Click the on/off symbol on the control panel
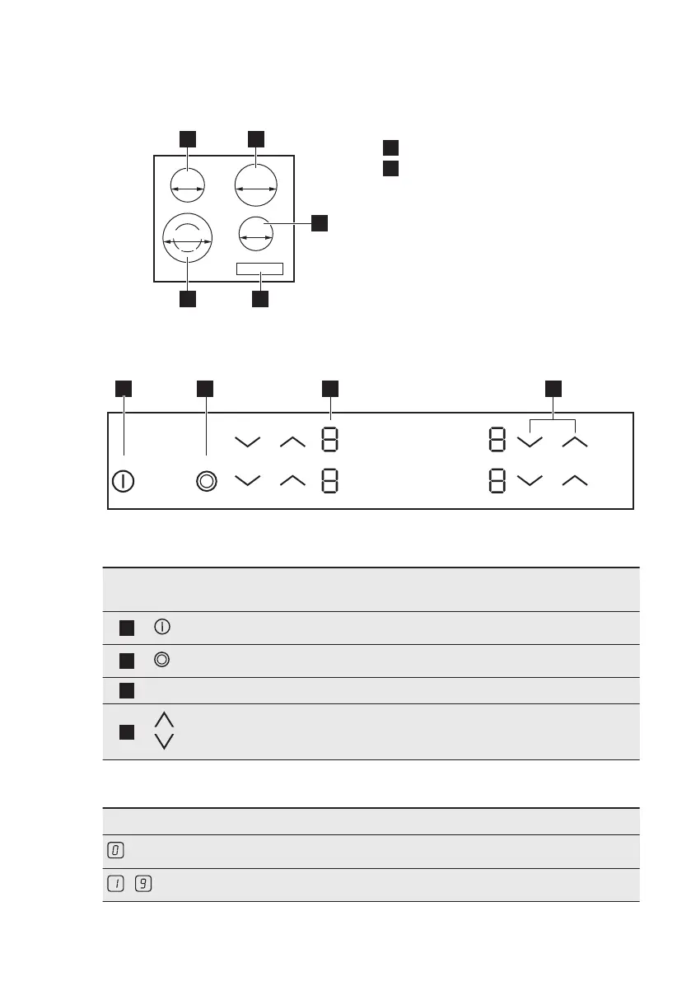[123, 481]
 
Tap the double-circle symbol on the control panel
[206, 481]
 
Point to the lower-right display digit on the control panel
[497, 480]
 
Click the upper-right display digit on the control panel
[497, 441]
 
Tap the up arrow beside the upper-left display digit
[292, 441]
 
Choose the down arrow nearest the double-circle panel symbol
[246, 480]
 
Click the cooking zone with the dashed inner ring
[188, 237]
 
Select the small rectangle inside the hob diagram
[259, 269]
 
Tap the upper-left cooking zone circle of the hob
[188, 186]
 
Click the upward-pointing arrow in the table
[164, 719]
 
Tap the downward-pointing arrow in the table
[164, 740]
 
